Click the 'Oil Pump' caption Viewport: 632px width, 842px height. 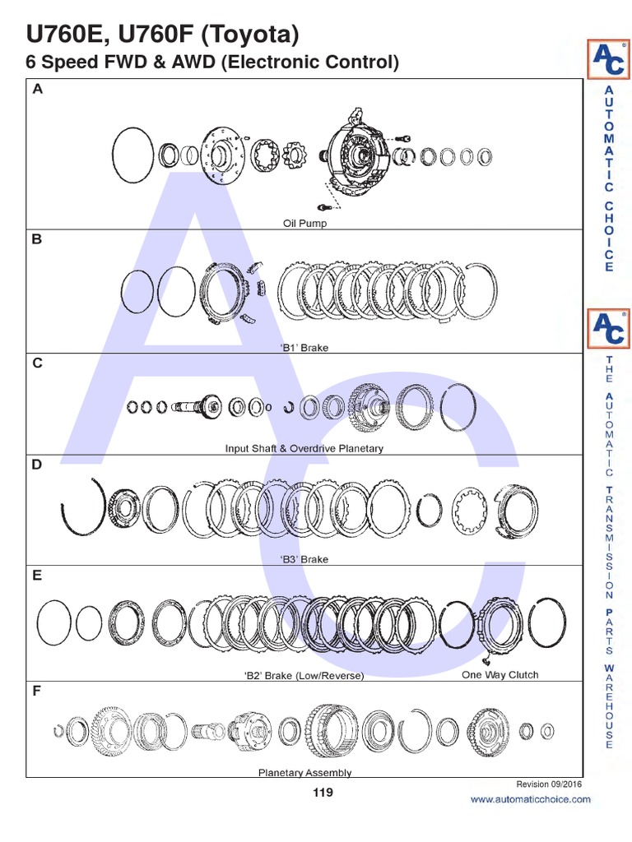[304, 224]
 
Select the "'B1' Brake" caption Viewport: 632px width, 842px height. [304, 348]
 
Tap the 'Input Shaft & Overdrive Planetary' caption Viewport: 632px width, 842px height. [304, 449]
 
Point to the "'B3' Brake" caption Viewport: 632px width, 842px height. [304, 559]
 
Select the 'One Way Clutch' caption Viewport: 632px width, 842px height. [500, 674]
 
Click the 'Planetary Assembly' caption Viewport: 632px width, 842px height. [304, 773]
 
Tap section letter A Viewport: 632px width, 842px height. [38, 90]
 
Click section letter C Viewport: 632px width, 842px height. [38, 363]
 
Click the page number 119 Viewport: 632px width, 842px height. [323, 793]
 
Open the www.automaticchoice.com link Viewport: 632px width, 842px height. [530, 800]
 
